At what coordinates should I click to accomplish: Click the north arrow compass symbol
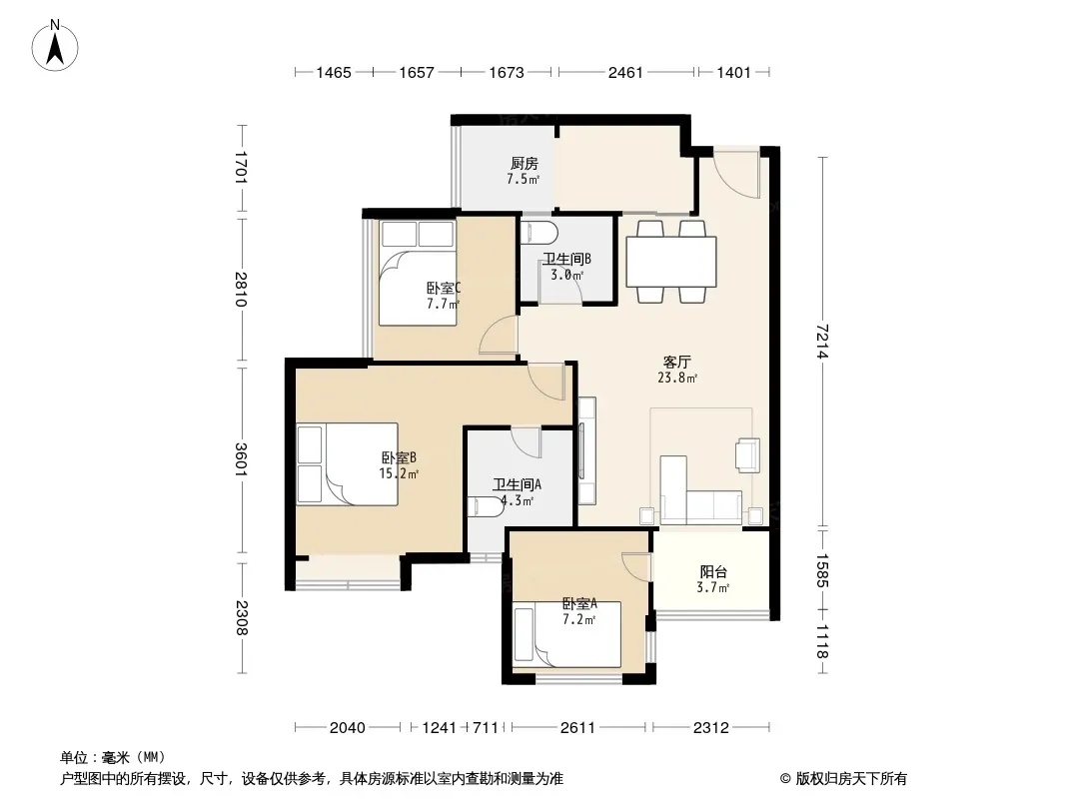[55, 46]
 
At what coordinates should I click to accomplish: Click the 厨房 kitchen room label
[525, 164]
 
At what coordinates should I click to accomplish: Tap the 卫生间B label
[566, 260]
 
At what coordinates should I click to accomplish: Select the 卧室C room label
[444, 289]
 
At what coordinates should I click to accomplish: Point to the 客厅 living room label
[676, 363]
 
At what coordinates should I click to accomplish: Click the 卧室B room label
[399, 458]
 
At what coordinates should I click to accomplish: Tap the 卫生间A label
[517, 484]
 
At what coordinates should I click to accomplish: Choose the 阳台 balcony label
[713, 572]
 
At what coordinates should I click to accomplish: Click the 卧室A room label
[579, 603]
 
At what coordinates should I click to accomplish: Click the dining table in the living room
[671, 262]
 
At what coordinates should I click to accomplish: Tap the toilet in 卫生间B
[538, 233]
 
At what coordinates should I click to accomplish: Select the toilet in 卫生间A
[486, 506]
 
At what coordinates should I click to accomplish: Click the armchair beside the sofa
[748, 454]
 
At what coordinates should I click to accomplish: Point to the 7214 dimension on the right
[823, 343]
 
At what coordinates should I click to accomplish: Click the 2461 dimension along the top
[625, 72]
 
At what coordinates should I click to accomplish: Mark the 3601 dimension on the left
[241, 458]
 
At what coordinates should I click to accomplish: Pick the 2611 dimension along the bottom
[578, 728]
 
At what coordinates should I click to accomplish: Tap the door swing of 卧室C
[498, 336]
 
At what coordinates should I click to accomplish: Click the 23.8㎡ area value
[677, 379]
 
